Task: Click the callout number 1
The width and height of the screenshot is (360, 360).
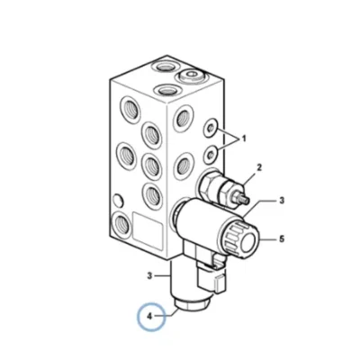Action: tap(244, 139)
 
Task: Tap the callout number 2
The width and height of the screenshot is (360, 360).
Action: tap(259, 167)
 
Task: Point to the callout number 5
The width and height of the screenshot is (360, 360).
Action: tap(282, 239)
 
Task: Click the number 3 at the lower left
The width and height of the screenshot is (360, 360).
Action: tap(150, 275)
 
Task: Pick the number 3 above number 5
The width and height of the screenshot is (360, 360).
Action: tap(282, 200)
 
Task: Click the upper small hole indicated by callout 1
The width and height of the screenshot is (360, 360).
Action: tap(211, 129)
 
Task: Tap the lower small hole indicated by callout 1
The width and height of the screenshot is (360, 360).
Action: tap(211, 153)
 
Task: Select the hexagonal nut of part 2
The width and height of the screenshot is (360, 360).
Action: tap(208, 184)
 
